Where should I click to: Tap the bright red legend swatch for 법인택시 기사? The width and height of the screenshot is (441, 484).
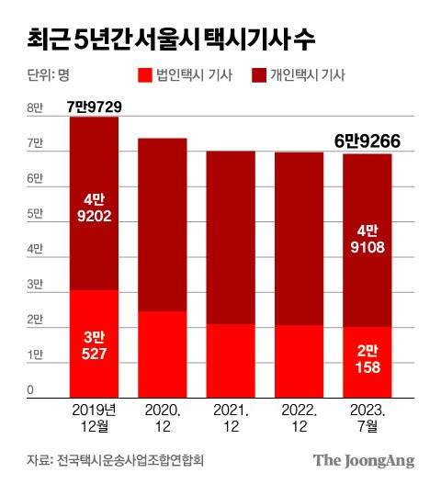(145, 75)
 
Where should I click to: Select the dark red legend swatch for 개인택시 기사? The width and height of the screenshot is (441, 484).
(267, 75)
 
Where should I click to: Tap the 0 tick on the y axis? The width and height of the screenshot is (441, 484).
(30, 390)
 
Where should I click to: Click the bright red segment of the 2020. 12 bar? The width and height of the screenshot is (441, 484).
(162, 353)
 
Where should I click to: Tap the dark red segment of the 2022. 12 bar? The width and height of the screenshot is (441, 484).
(297, 239)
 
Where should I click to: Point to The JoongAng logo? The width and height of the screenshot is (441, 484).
(364, 459)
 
